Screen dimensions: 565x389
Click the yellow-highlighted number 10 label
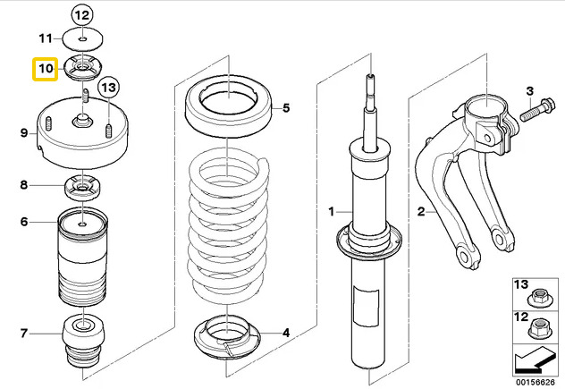coord(46,69)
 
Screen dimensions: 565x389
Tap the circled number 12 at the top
coord(82,15)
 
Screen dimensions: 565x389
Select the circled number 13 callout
coord(108,88)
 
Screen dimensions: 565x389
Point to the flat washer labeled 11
coord(83,39)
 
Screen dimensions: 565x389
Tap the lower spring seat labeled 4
coord(227,337)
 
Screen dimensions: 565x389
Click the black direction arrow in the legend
coord(535,362)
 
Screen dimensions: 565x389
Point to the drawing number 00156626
coord(535,382)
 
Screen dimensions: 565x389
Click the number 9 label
coord(24,133)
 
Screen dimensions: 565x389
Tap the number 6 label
coord(24,222)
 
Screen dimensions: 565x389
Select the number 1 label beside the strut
coord(332,212)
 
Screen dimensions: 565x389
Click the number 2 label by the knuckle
coord(421,212)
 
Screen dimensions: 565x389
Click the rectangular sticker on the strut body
coord(367,306)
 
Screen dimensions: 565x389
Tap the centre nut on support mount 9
coord(81,121)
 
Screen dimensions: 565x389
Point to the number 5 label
coord(286,108)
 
